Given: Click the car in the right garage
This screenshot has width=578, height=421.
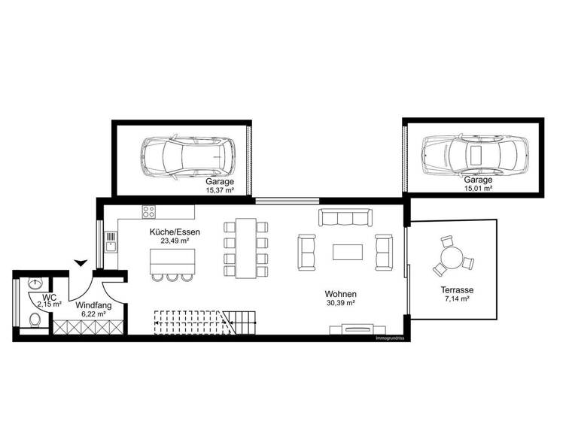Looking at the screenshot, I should click(472, 154).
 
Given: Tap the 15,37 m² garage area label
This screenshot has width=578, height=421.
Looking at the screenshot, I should click(221, 186).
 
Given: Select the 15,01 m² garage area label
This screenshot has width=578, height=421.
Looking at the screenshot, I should click(478, 184).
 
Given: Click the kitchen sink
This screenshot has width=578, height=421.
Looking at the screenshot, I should click(111, 241).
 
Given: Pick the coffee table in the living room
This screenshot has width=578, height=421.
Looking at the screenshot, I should click(347, 250).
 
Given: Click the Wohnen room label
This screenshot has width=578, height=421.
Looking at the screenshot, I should click(340, 298).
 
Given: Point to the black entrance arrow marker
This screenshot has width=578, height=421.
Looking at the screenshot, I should click(81, 262).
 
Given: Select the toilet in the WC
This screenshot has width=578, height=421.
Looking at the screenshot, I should click(35, 320).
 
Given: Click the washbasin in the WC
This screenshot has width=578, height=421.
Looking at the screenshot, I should click(35, 284).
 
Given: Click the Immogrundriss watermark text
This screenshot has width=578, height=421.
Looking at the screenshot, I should click(390, 338).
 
